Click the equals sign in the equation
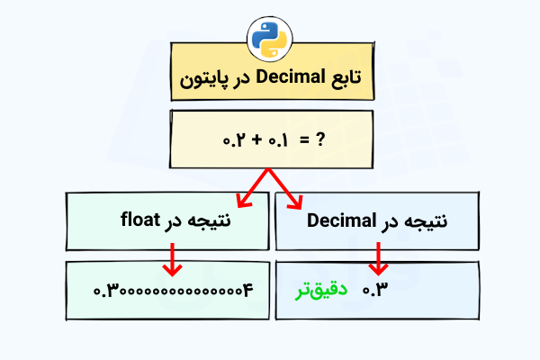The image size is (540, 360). tap(303, 140)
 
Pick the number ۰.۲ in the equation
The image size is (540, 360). tap(235, 140)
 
